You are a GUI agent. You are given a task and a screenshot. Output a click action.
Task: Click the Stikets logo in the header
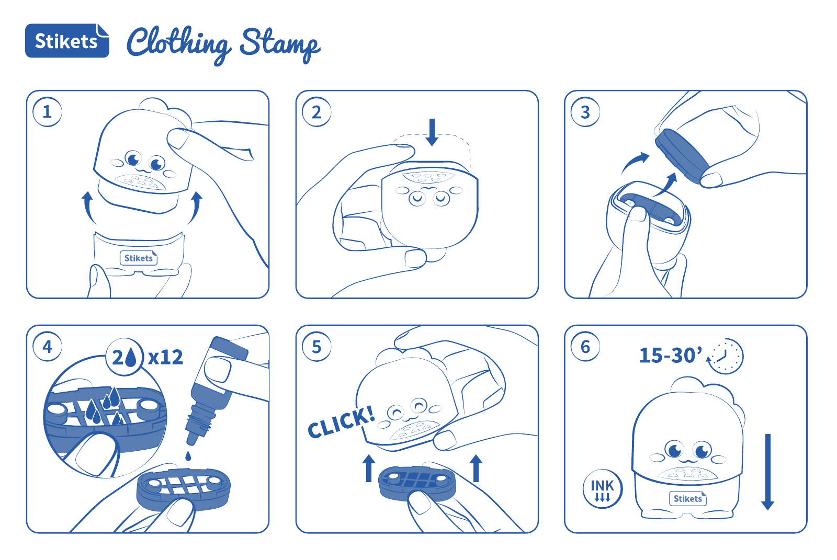pyautogui.click(x=67, y=41)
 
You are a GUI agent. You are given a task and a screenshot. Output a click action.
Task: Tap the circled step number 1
pyautogui.click(x=47, y=112)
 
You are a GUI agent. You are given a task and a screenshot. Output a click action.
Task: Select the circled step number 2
pyautogui.click(x=316, y=112)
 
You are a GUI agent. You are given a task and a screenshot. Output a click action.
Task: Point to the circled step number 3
pyautogui.click(x=585, y=112)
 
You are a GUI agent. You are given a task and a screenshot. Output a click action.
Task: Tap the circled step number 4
pyautogui.click(x=47, y=347)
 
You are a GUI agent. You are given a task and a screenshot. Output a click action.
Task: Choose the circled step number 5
pyautogui.click(x=316, y=347)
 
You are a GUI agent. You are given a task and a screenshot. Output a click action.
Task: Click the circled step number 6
pyautogui.click(x=585, y=347)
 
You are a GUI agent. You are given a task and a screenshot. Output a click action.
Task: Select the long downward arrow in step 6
pyautogui.click(x=768, y=472)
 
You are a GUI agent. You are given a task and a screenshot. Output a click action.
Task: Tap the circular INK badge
pyautogui.click(x=602, y=489)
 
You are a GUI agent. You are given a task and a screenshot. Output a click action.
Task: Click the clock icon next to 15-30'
pyautogui.click(x=726, y=356)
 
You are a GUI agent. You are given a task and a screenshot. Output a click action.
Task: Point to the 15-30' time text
pyautogui.click(x=670, y=355)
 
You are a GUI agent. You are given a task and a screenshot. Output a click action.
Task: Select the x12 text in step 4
pyautogui.click(x=165, y=357)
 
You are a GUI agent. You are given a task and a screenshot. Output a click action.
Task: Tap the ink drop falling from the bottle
pyautogui.click(x=188, y=456)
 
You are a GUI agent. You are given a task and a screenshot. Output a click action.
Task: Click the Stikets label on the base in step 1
pyautogui.click(x=139, y=258)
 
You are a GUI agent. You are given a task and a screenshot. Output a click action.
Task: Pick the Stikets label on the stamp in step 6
pyautogui.click(x=687, y=498)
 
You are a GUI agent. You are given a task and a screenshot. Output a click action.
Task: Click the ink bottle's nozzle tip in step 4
pyautogui.click(x=192, y=440)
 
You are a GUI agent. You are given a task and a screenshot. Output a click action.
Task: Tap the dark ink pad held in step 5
pyautogui.click(x=417, y=483)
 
